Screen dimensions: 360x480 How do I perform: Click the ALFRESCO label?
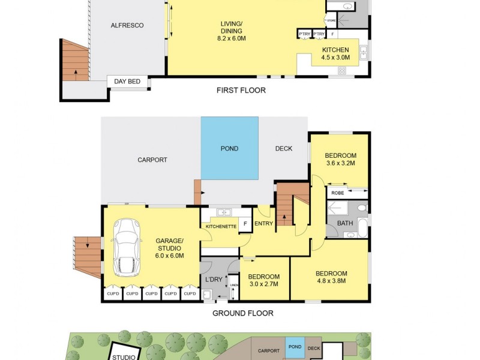(127, 25)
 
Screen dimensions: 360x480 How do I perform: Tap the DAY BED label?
(127, 82)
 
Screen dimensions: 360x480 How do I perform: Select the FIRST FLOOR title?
(241, 91)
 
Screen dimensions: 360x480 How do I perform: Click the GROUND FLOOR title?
(243, 313)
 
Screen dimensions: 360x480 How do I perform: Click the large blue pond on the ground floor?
(229, 148)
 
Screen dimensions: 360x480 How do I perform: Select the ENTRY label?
(263, 224)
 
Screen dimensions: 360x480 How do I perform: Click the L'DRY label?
(214, 280)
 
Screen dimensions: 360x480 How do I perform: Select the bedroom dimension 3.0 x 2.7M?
(263, 284)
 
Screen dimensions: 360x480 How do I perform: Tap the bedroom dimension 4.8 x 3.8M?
(331, 282)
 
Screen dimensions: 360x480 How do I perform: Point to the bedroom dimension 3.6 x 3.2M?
(340, 163)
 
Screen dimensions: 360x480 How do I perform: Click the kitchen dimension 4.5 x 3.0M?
(335, 58)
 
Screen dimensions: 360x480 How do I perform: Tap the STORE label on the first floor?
(331, 20)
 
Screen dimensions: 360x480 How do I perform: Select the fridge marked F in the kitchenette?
(244, 224)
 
